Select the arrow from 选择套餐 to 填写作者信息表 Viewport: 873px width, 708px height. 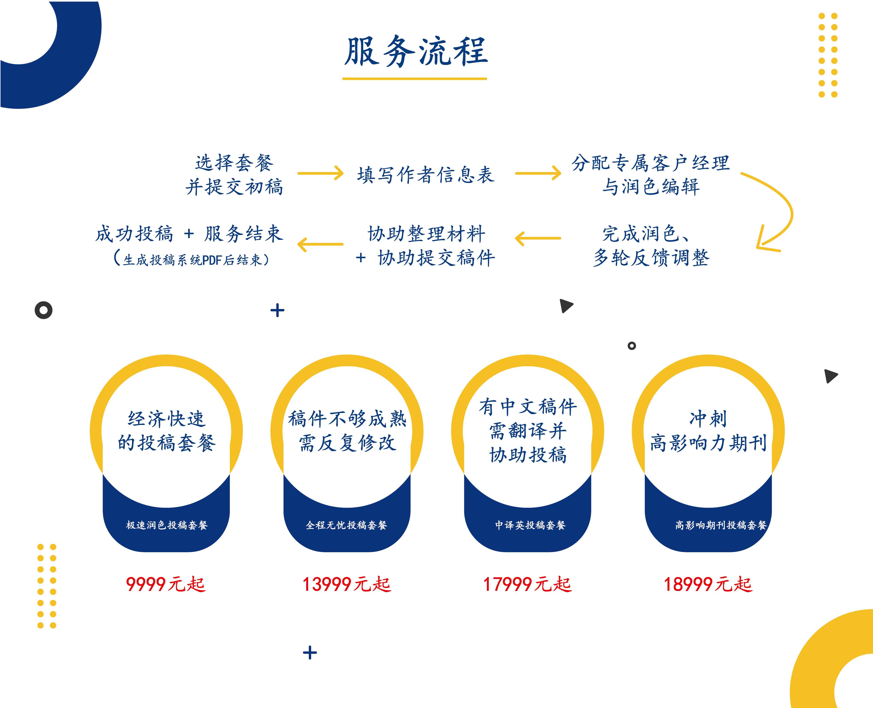[321, 173]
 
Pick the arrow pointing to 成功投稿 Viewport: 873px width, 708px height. [321, 244]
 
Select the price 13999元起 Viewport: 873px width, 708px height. [346, 584]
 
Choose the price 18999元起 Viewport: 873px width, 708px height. [708, 584]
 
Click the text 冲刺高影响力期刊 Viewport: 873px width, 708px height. [708, 431]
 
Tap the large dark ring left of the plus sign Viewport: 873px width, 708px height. [44, 310]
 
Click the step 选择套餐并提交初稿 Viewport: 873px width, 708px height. [234, 175]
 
